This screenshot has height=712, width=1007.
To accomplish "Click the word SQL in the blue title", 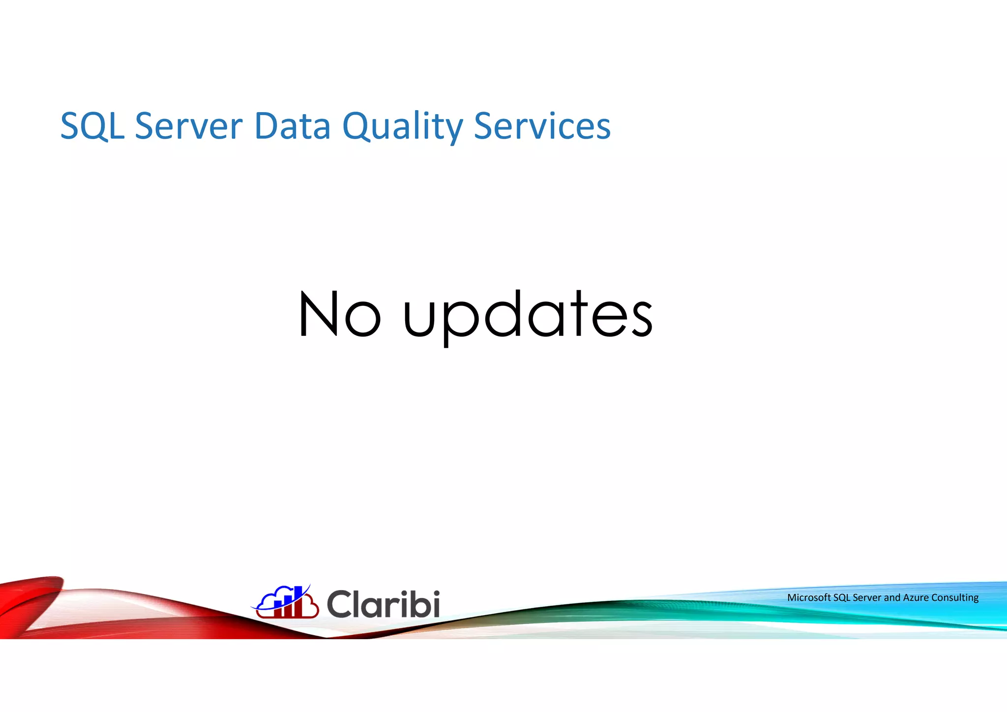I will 92,126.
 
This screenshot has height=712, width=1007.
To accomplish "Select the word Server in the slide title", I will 189,126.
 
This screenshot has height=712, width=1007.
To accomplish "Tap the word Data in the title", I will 293,126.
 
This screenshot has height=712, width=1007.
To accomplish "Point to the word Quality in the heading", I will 402,126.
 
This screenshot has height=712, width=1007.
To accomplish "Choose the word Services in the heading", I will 542,126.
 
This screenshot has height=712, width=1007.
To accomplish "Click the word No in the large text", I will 340,314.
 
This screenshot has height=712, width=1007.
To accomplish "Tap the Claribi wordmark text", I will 383,604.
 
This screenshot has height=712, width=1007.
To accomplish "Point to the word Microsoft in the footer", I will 808,598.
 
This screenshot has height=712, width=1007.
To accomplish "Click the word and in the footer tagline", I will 892,598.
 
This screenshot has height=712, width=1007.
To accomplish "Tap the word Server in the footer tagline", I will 867,598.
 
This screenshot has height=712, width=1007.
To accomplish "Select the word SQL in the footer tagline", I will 841,598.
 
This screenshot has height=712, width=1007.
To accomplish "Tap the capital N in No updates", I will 318,314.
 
